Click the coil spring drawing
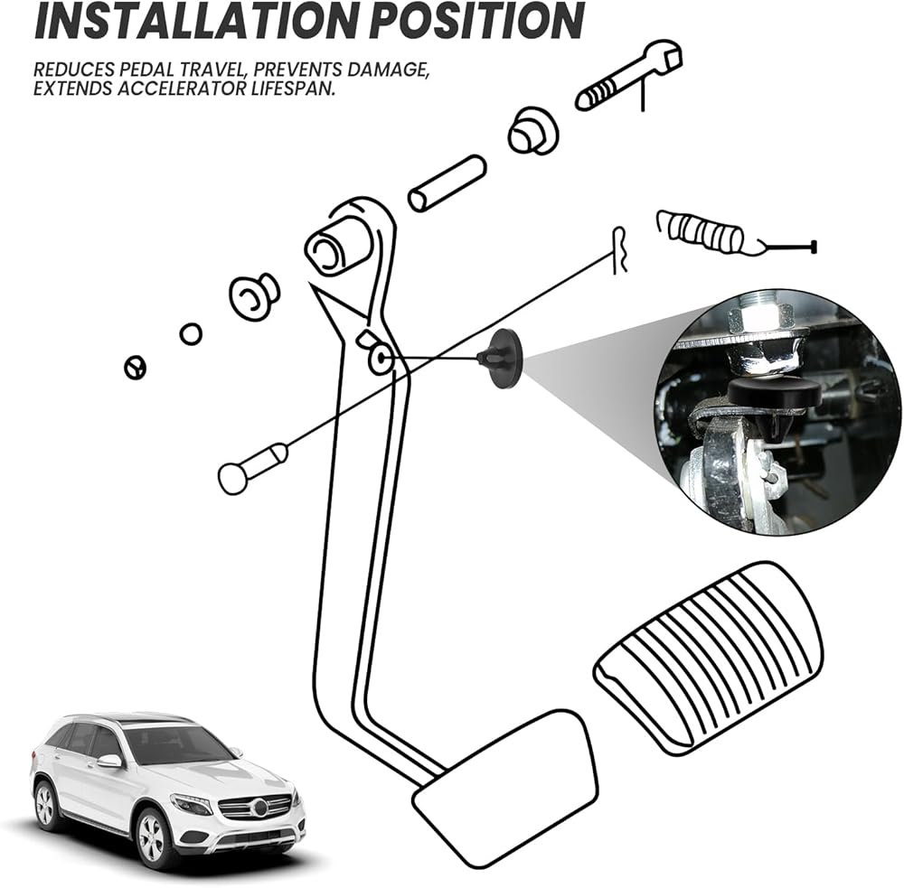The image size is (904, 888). coord(701,232)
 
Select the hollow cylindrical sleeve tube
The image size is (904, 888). coord(447,183)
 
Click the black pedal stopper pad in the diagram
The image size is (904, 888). coord(502,359)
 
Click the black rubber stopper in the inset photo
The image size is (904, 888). coord(774,392)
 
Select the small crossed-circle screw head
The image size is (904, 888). coord(135,368)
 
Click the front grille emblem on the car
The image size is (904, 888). coord(259,806)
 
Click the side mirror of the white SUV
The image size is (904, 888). coord(110,761)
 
